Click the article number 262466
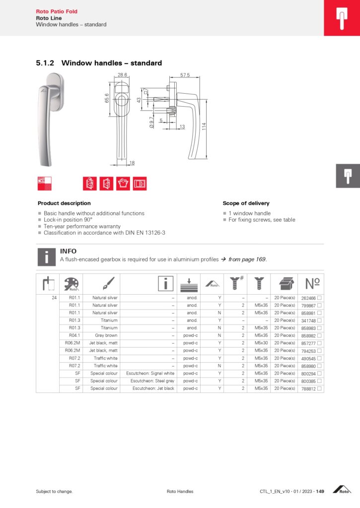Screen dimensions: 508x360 tap(309, 298)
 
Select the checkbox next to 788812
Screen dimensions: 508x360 tap(320, 388)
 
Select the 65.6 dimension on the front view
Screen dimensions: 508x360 tap(106, 98)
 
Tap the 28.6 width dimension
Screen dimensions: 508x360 tap(122, 75)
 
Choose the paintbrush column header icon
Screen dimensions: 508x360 tap(107, 283)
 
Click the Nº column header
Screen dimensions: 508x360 tap(312, 283)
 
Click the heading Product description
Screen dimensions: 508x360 tap(64, 203)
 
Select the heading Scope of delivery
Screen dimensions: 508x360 tap(246, 203)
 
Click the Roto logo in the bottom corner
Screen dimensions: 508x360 tap(344, 490)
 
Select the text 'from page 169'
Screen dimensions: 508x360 tap(247, 259)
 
